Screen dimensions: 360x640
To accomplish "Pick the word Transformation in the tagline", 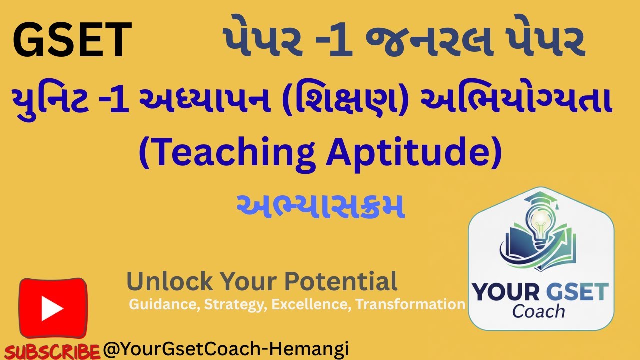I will click(x=410, y=304).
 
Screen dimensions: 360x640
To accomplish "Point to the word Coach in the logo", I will click(x=538, y=311).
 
